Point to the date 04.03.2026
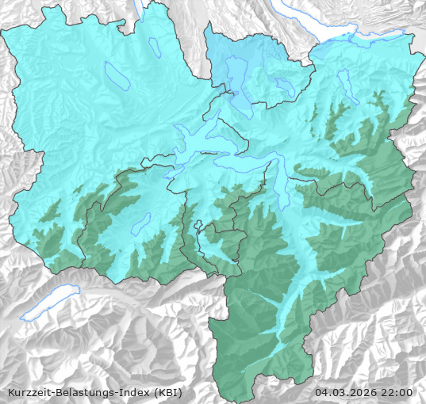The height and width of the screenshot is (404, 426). [346, 392]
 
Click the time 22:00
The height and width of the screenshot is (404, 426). [397, 392]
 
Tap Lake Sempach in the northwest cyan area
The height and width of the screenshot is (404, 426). [116, 75]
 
